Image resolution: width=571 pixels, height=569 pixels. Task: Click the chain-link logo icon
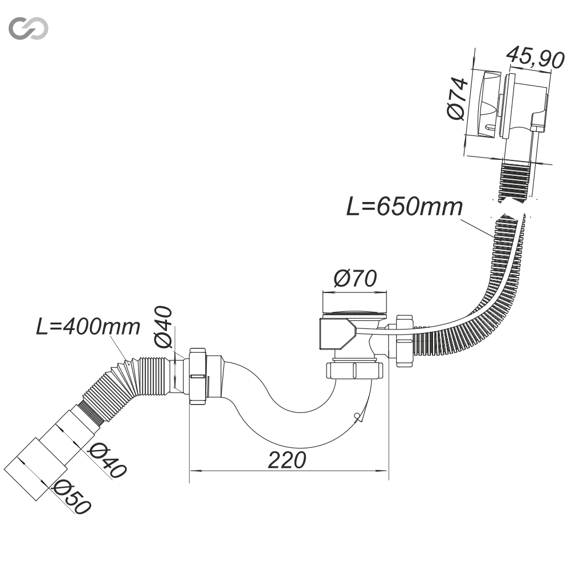click(x=28, y=28)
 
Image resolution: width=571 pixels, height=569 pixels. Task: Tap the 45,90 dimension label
click(x=535, y=58)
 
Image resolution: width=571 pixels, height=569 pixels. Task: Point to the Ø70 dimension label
click(x=356, y=279)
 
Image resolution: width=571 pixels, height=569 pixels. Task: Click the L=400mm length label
click(x=88, y=327)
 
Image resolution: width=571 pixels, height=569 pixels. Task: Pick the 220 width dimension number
click(x=287, y=460)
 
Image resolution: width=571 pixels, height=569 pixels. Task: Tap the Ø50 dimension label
click(x=72, y=497)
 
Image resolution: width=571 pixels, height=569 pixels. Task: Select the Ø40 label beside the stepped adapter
click(x=108, y=460)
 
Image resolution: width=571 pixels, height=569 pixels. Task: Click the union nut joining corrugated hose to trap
click(x=197, y=376)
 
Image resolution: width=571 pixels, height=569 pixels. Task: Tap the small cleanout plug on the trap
click(x=357, y=417)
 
